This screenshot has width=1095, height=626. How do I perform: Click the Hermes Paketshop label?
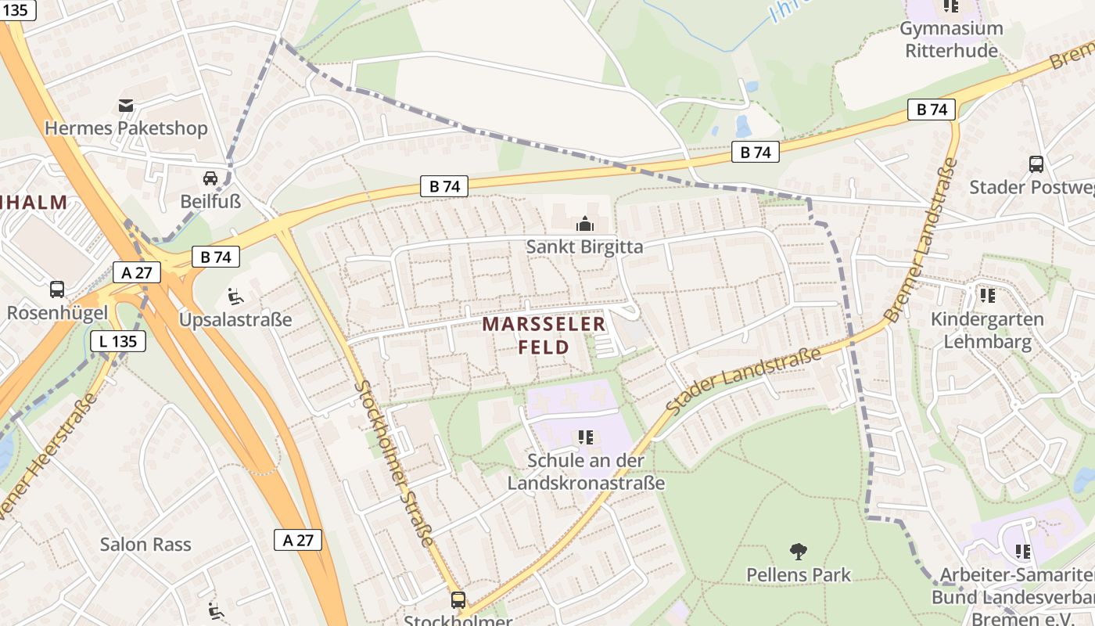[126, 128]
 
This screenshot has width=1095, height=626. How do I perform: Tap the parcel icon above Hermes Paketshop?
[126, 106]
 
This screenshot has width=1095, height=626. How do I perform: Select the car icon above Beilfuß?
[210, 178]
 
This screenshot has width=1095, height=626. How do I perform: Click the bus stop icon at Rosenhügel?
[57, 289]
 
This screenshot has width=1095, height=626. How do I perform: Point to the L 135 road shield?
[118, 341]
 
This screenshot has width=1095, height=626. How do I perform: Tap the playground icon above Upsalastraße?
[235, 297]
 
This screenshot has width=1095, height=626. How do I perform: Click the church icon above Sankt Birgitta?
[584, 225]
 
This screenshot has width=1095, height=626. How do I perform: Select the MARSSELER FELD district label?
[544, 335]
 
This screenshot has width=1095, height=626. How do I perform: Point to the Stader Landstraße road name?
[743, 380]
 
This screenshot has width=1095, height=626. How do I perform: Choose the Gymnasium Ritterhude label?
[951, 39]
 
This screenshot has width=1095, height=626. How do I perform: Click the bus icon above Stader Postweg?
[1036, 164]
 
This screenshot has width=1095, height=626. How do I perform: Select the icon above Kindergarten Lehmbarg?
[987, 296]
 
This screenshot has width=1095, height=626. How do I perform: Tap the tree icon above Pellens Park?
[799, 552]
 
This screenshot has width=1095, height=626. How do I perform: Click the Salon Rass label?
[145, 544]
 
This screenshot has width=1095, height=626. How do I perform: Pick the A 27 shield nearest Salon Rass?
[298, 539]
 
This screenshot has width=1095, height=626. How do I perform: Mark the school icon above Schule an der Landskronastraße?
[586, 437]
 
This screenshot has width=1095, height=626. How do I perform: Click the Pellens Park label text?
[799, 575]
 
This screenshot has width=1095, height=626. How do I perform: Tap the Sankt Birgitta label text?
[584, 247]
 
